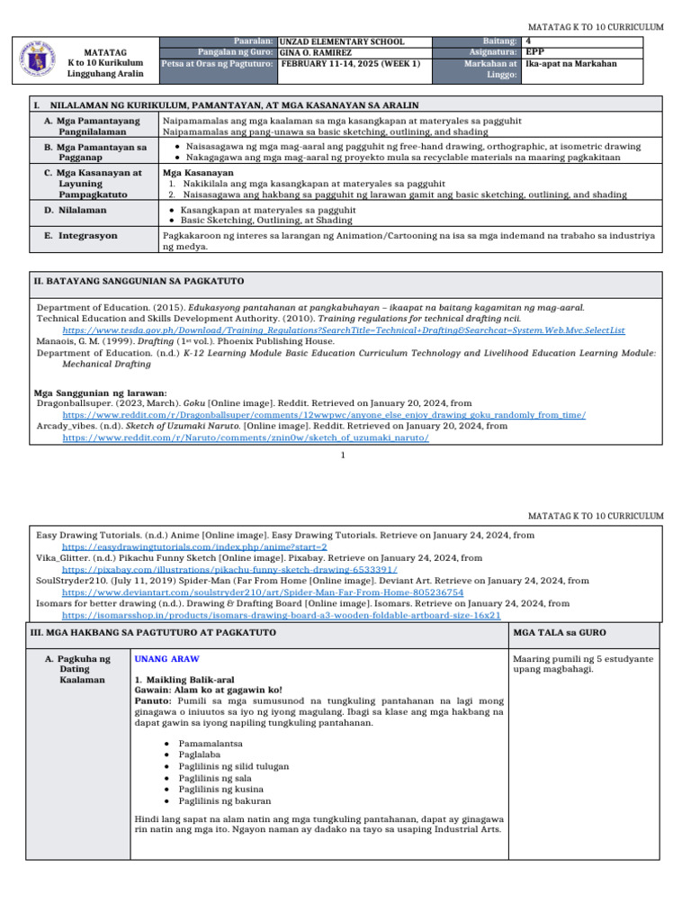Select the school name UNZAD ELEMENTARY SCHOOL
coord(342,41)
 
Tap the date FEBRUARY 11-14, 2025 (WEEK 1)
coord(351,64)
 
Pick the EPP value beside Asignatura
coord(534,52)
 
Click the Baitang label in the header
coord(498,41)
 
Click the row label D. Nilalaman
coord(75,210)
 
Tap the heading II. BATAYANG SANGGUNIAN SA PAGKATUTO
coord(139,282)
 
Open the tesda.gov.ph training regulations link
coord(343,330)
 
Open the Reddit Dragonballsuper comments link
coord(323,415)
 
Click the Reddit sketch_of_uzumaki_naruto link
coord(245,438)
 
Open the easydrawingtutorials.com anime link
coord(193,546)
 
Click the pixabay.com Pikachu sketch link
coord(229,569)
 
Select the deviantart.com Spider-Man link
coord(262,592)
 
